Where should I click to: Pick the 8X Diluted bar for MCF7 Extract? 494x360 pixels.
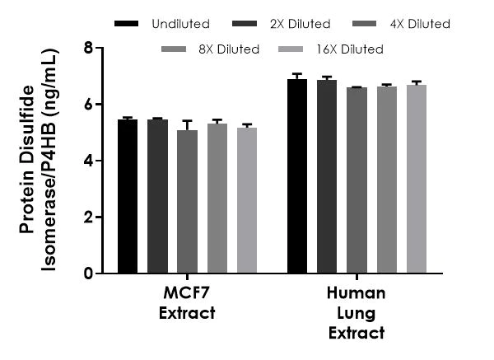[x=217, y=199]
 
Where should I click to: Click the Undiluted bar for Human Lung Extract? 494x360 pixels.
[x=297, y=176]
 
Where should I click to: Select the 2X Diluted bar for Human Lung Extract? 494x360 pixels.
[x=327, y=176]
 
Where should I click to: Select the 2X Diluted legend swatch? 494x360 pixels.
[x=246, y=24]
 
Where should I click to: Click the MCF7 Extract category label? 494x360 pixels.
[x=188, y=303]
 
